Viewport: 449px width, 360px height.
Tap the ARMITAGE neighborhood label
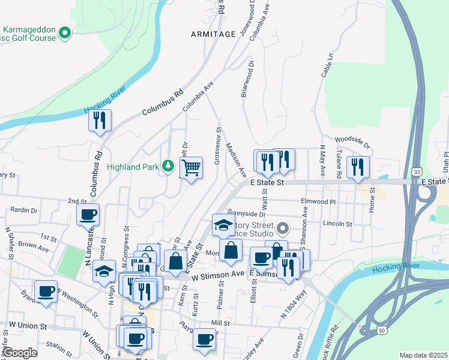click(213, 34)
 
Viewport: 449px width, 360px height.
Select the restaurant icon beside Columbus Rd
click(100, 121)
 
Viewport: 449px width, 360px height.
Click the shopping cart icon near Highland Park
click(191, 167)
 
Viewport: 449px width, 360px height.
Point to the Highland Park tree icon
click(170, 166)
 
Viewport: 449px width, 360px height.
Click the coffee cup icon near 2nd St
click(88, 215)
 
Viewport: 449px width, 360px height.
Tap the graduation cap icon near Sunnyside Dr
click(223, 226)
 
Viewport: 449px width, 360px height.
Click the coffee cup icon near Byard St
click(46, 292)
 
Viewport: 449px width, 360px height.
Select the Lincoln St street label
click(337, 224)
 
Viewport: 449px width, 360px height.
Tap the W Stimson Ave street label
click(218, 274)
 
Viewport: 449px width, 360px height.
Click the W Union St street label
click(28, 326)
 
